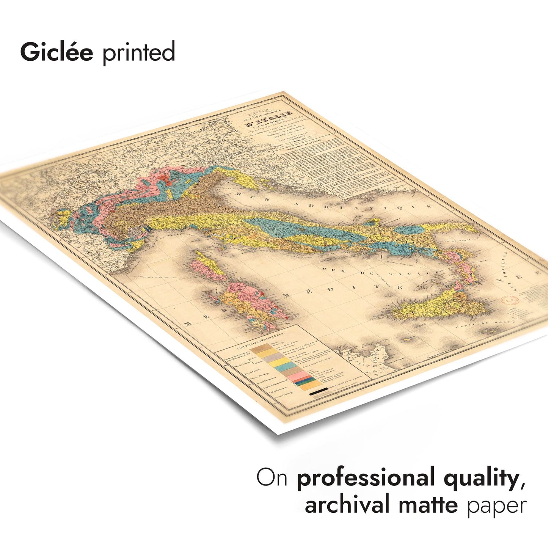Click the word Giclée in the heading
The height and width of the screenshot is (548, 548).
tap(57, 52)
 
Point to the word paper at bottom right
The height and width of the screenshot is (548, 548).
tap(496, 506)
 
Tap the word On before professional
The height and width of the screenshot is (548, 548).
tap(272, 478)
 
